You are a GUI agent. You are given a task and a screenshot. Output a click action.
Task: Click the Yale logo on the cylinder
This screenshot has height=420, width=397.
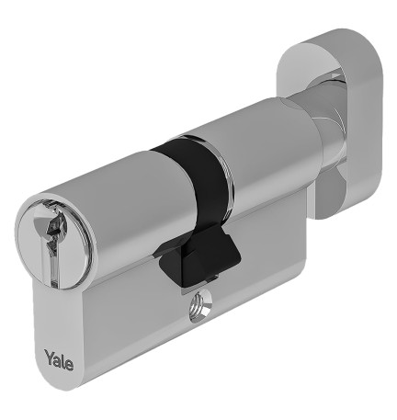click(x=61, y=355)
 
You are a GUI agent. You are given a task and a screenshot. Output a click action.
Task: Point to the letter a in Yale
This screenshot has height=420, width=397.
click(x=58, y=355)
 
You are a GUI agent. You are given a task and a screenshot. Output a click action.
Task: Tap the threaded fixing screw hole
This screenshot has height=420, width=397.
click(x=198, y=308)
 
